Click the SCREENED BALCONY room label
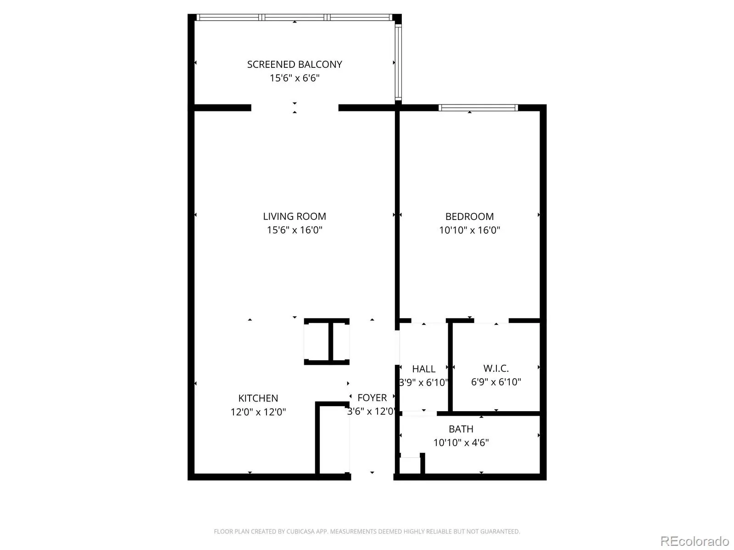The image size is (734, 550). coord(294,64)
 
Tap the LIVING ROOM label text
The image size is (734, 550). coord(294,216)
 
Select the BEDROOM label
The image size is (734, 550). coord(469,216)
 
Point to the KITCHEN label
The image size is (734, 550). coord(258,398)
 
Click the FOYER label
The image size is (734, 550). coord(372,398)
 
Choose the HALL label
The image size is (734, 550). coord(424,368)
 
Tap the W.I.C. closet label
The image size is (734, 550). coord(496,368)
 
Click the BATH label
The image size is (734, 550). coord(461,429)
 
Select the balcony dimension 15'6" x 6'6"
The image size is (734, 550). coord(295,78)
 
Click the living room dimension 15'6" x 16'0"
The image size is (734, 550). coord(294,230)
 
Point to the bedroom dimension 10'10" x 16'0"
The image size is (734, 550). coord(469,230)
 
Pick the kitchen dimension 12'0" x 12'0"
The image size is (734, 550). coord(258,412)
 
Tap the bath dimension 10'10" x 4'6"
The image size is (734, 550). coord(461,442)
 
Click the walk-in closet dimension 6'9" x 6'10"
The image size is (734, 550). coord(496,382)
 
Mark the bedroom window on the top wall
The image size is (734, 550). coord(478,108)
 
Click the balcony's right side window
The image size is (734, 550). coord(398,62)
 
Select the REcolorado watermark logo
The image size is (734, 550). coord(695,541)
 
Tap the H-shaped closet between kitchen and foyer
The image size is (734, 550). coord(327,341)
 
